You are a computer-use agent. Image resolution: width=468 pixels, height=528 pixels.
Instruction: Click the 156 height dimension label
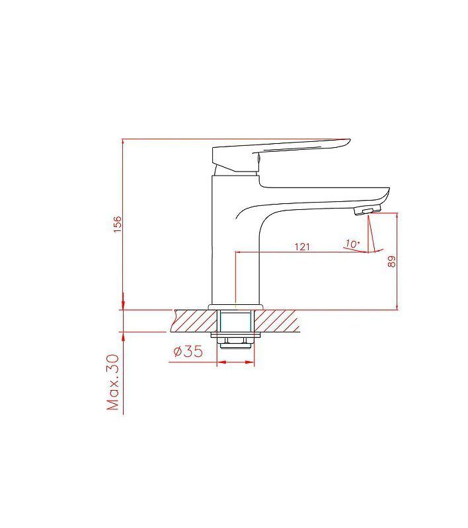pos(118,224)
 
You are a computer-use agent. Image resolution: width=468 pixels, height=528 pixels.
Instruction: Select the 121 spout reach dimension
pos(302,247)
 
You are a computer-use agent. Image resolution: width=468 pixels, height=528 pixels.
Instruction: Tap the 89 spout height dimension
pos(391,261)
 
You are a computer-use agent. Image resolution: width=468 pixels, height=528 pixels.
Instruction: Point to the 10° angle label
pos(352,244)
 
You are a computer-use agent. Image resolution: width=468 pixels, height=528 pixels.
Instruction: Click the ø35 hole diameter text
pos(188,351)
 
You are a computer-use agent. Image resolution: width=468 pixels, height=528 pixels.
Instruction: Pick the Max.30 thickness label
pos(113,382)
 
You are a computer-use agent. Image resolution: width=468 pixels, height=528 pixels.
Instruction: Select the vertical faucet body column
pos(235,239)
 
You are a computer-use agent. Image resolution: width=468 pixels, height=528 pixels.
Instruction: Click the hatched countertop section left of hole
pos(194,320)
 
